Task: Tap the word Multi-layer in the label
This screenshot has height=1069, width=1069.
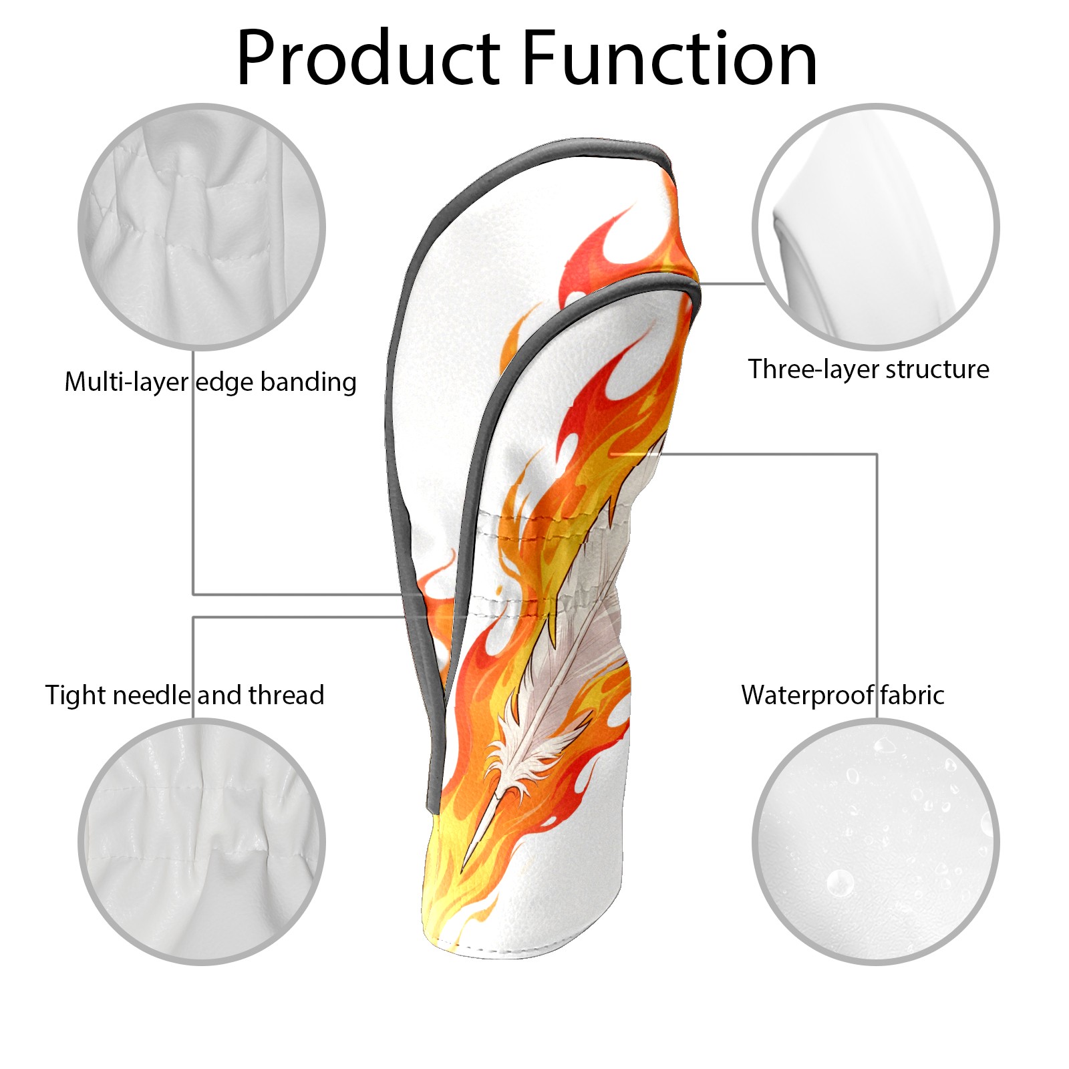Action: coord(126,381)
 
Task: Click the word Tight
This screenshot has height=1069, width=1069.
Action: coord(75,696)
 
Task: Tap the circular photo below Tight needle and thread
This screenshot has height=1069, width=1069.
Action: coord(202,841)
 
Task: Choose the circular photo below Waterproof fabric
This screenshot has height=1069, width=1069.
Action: coord(875,841)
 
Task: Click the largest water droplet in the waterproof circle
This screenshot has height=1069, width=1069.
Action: coord(840,883)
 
